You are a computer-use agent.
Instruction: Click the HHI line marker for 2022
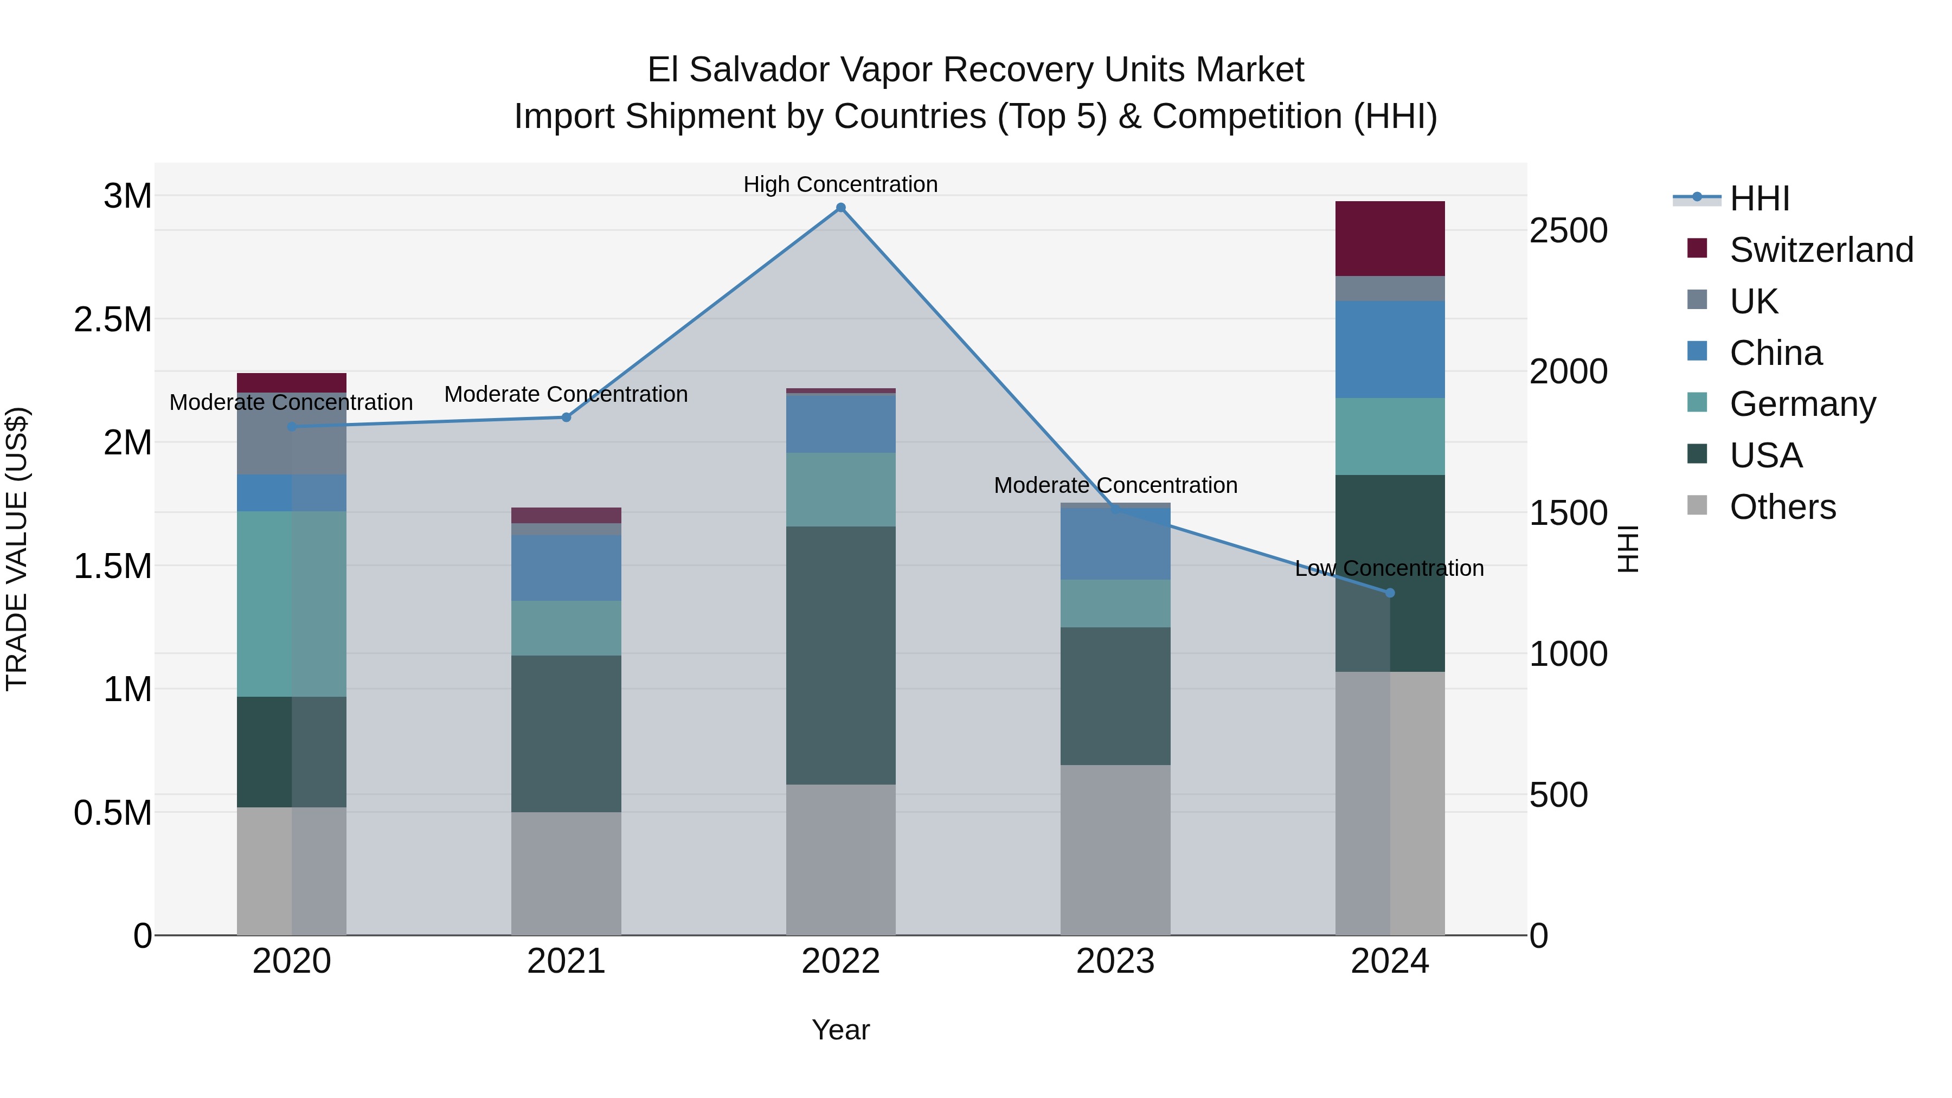click(x=840, y=208)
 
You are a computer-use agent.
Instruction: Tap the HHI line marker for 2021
click(x=566, y=418)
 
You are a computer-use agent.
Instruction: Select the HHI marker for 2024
click(x=1390, y=593)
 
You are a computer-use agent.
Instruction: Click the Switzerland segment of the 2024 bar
click(x=1390, y=239)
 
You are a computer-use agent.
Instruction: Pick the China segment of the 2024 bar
click(x=1390, y=349)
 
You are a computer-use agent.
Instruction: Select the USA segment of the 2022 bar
click(x=840, y=656)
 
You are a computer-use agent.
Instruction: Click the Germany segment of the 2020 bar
click(x=292, y=604)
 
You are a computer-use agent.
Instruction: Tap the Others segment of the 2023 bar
click(x=1115, y=850)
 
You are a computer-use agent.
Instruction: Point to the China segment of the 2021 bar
click(x=566, y=568)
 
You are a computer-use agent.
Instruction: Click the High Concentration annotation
click(x=840, y=184)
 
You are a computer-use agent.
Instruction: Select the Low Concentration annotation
click(x=1389, y=568)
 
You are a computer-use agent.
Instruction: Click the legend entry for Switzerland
click(x=1821, y=250)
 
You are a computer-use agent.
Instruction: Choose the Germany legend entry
click(x=1802, y=404)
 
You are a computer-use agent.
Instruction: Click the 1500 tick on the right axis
click(x=1568, y=513)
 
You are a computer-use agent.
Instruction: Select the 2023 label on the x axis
click(x=1115, y=961)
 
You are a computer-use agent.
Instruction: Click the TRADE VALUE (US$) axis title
click(x=17, y=549)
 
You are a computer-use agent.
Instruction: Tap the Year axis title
click(x=840, y=1030)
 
